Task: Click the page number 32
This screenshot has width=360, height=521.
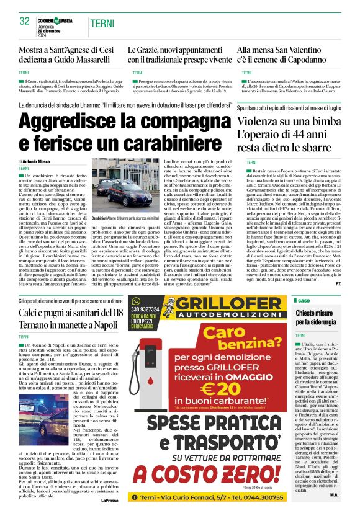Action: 25,21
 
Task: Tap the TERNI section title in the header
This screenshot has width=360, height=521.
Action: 102,23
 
